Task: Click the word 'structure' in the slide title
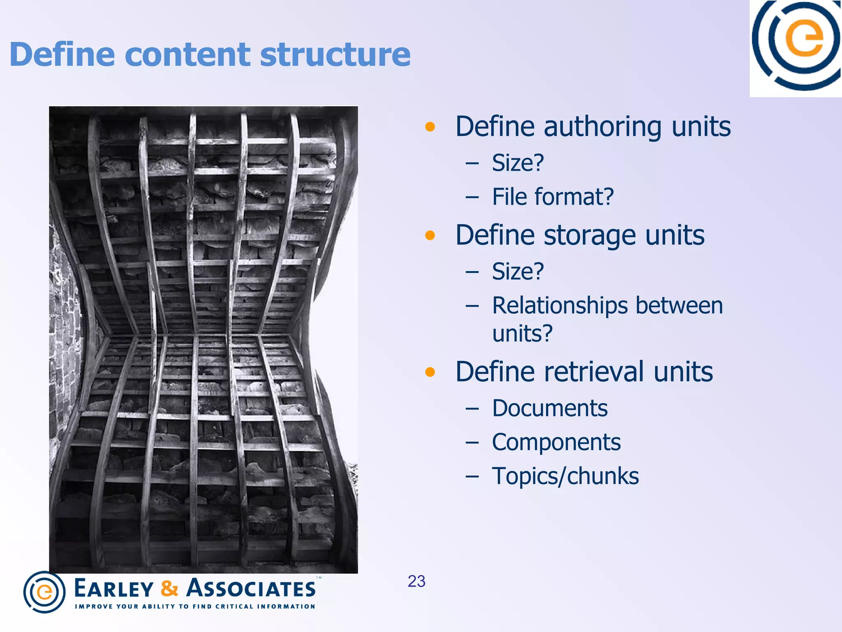point(335,55)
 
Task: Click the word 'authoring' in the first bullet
point(602,127)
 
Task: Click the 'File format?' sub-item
point(553,197)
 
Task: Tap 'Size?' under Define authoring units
point(518,163)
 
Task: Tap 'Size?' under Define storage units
point(518,272)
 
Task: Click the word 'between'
point(679,306)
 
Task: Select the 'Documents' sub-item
point(550,409)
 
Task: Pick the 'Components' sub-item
point(556,443)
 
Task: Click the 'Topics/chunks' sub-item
point(565,476)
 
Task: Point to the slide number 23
point(416,581)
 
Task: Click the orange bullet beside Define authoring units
point(430,127)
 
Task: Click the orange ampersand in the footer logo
point(169,588)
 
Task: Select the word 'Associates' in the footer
point(251,588)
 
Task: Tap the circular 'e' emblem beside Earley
point(44,592)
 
